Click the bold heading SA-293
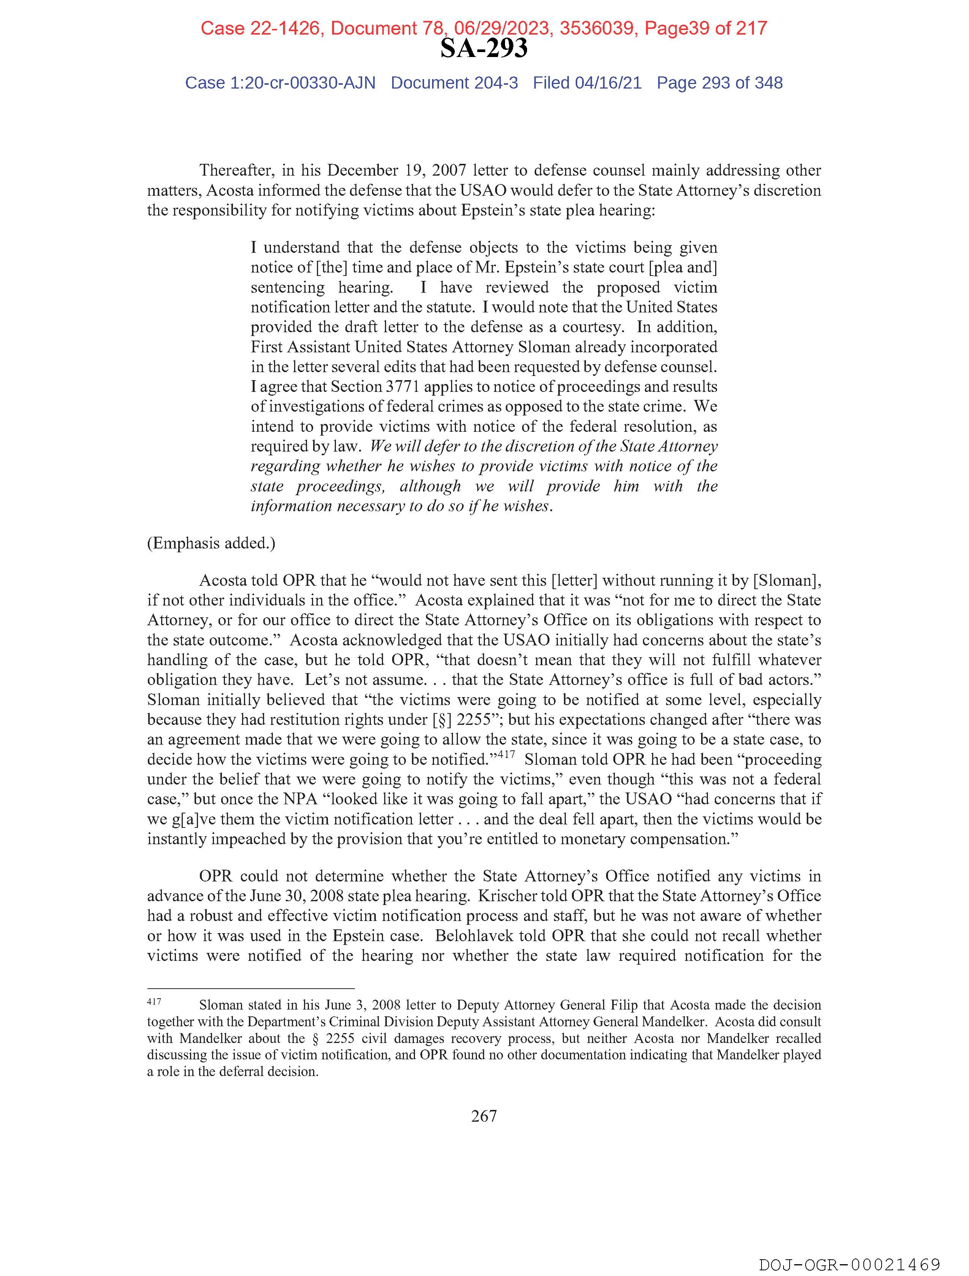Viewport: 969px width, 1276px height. tap(483, 48)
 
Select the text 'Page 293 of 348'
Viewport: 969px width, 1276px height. tap(719, 83)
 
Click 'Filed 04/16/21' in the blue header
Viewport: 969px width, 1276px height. tap(587, 83)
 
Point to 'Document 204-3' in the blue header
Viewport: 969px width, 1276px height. tap(454, 83)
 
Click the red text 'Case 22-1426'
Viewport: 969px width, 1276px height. tap(260, 28)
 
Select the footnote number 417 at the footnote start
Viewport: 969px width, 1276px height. tap(154, 1002)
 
